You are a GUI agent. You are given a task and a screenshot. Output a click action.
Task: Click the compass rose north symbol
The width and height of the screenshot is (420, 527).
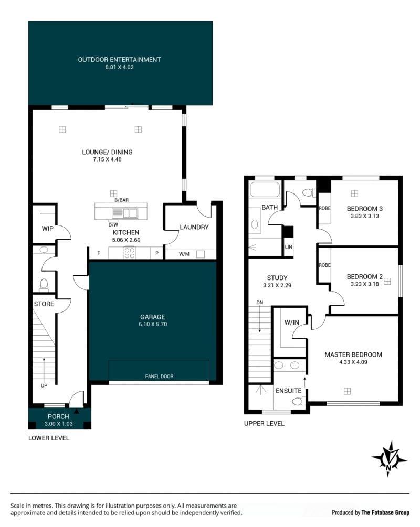point(390,459)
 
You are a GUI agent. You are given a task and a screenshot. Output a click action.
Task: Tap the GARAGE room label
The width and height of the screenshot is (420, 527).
point(152,317)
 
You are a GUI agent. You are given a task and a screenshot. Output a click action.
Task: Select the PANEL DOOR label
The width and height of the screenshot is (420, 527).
point(159,377)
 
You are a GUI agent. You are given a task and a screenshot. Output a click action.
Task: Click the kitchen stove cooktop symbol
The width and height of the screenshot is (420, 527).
point(130,253)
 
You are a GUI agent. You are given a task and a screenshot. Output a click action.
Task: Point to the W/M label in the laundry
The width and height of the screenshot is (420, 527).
point(184,254)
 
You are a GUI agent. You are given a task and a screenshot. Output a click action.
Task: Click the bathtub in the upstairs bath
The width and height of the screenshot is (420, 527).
point(265,189)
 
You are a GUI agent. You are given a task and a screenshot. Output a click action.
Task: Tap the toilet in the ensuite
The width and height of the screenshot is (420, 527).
point(298,401)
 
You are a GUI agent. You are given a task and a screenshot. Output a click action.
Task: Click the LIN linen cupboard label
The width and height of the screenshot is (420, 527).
point(288,247)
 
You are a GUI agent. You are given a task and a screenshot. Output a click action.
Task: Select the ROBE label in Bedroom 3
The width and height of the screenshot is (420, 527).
point(324,208)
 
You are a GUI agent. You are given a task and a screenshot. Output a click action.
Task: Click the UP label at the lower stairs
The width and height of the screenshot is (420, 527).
point(44,385)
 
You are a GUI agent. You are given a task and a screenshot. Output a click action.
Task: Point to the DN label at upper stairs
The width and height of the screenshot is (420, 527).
point(260,303)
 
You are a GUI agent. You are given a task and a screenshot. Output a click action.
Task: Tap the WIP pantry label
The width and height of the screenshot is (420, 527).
point(47,229)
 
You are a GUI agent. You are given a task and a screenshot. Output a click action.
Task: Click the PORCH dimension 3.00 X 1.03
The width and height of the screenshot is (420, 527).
point(59,424)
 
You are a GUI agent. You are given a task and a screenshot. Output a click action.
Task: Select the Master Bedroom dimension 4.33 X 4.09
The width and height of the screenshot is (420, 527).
point(353,362)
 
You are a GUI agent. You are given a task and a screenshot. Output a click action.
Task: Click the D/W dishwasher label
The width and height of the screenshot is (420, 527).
point(113,225)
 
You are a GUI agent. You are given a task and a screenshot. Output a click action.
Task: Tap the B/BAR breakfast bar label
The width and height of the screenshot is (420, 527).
point(121,200)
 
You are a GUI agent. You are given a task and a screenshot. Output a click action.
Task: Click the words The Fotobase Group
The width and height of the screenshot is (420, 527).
point(385,512)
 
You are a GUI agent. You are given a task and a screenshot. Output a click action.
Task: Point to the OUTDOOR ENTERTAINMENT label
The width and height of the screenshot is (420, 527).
point(120,60)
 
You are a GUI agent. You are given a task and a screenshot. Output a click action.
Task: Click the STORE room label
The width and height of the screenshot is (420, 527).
point(44,304)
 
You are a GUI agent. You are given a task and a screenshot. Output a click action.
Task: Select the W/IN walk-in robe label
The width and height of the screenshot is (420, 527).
point(292,322)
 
